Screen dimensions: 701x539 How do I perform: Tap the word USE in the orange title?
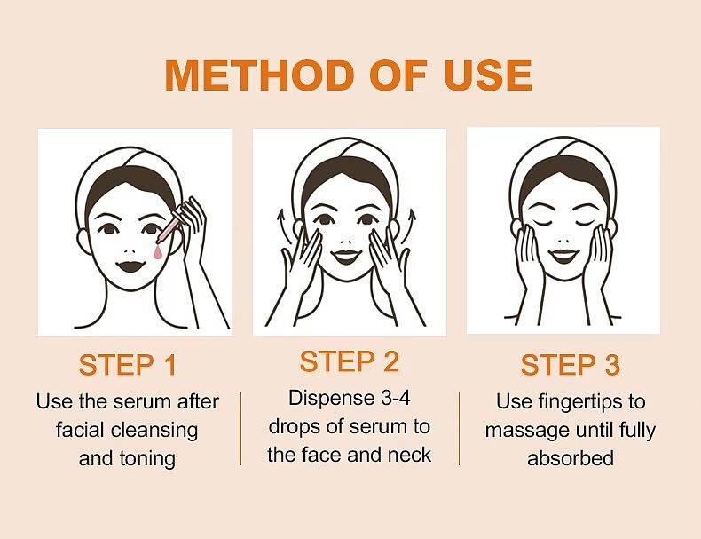[488, 75]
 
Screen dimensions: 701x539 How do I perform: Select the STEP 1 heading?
[128, 365]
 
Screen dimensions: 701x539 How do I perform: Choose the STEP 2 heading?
[349, 361]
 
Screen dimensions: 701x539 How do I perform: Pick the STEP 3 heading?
[571, 365]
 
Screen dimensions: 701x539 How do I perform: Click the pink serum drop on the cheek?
[157, 252]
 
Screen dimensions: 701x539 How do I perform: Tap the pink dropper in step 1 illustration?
[169, 228]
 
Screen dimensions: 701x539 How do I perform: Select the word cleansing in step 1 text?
[154, 431]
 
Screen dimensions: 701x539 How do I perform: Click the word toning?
[147, 459]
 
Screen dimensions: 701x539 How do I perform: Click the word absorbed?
[571, 458]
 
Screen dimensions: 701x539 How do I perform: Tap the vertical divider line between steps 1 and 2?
[241, 429]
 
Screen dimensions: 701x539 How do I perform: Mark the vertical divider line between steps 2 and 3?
[459, 429]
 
